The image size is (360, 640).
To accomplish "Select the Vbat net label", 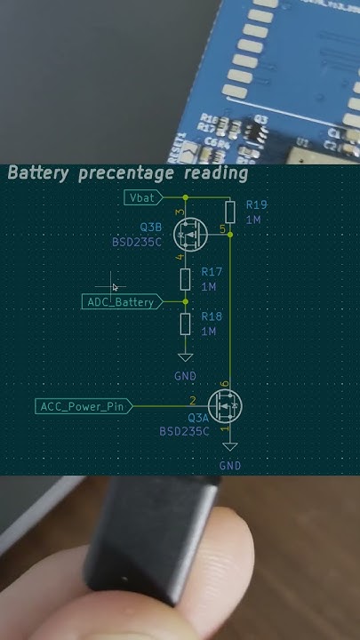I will point(141,196).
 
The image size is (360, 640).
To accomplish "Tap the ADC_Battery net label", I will point(121,302).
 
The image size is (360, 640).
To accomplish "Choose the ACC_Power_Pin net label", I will point(82,406).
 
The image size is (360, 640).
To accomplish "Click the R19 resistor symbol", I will point(229,212).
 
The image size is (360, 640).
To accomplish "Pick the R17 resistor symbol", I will point(185,280).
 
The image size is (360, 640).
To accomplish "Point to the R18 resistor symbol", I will point(185,324).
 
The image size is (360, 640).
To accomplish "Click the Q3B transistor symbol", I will point(189,236).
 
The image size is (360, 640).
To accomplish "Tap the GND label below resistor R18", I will point(185,377).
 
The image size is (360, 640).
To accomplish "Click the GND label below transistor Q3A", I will point(229,465).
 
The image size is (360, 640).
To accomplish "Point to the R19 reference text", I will point(256,204).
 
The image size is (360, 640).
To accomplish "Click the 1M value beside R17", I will point(210,287).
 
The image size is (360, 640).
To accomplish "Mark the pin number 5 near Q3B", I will point(222,228).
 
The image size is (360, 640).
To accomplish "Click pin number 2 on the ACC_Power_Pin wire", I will point(192,401).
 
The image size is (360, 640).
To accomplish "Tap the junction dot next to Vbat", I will point(185,196).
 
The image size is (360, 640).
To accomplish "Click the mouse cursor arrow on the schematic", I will point(116,287).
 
